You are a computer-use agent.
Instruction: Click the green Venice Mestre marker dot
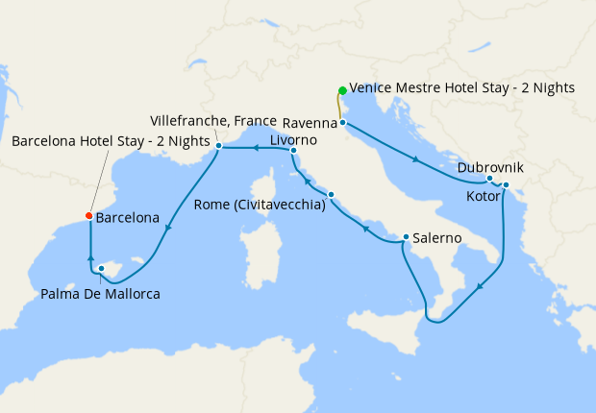[x=341, y=91]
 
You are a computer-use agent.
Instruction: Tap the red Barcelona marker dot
[x=89, y=216]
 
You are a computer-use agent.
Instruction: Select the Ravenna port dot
[x=342, y=123]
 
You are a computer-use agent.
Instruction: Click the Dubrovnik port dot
[x=490, y=179]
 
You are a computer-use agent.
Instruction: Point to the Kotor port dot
[x=506, y=185]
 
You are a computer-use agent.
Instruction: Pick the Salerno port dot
[x=407, y=237]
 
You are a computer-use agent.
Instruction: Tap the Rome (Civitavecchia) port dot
[x=331, y=196]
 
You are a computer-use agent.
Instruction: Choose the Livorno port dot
[x=293, y=151]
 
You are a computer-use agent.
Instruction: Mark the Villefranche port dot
[x=219, y=146]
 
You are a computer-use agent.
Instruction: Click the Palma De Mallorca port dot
[x=101, y=269]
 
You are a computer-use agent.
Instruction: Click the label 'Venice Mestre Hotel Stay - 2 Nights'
[x=462, y=87]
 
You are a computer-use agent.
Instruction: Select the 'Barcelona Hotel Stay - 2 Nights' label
[x=111, y=141]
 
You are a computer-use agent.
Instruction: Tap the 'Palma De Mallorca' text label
[x=101, y=293]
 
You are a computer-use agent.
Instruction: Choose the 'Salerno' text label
[x=438, y=237]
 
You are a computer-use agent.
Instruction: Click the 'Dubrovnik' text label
[x=490, y=167]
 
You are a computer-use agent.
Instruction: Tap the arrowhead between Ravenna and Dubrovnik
[x=415, y=159]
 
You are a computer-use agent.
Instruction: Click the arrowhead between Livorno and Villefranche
[x=256, y=148]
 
